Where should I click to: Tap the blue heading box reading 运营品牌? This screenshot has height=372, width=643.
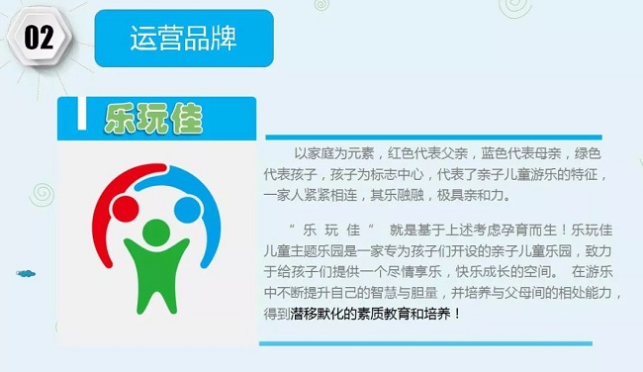(x=183, y=39)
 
